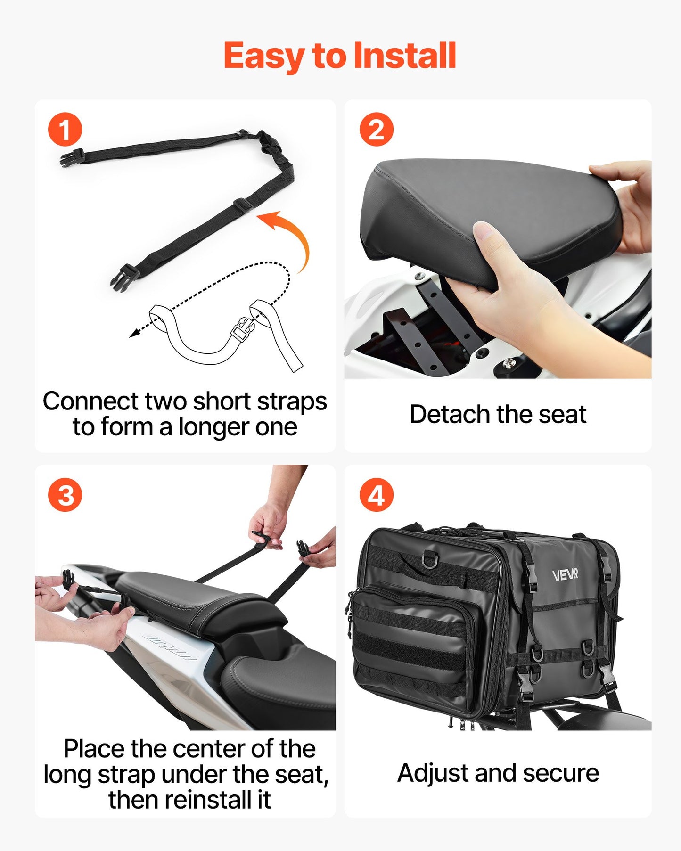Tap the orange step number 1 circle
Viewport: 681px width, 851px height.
coord(65,130)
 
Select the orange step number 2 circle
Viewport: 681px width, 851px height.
coord(376,130)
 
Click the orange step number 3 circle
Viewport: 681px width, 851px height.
coord(65,495)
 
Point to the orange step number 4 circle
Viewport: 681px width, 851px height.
coord(376,495)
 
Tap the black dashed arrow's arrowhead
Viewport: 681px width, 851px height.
coord(134,334)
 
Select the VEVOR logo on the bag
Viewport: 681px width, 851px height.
coord(565,575)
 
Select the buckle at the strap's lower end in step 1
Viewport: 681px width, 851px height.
coord(121,278)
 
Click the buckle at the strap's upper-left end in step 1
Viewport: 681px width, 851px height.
coord(72,157)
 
